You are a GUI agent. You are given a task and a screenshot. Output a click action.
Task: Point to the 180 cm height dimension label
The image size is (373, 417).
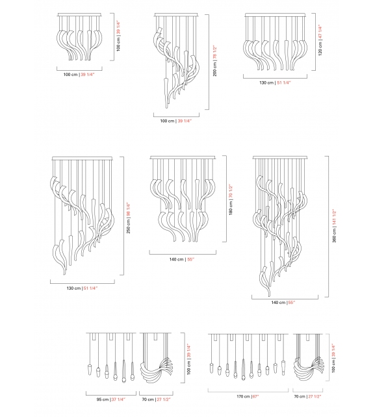(230, 203)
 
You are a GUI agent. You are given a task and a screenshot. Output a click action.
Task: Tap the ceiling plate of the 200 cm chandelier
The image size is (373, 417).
(176, 14)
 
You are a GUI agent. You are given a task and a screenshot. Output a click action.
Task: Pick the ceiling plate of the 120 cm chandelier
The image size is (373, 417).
(276, 14)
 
